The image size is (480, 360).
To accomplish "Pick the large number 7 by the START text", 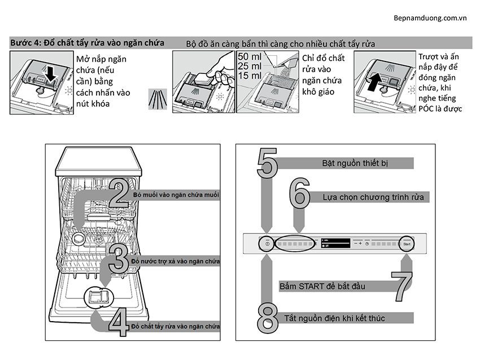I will click(x=405, y=285).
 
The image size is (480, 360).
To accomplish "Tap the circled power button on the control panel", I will click(x=266, y=243).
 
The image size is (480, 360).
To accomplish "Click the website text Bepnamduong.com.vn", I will click(x=430, y=17).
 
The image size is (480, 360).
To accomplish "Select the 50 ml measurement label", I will click(x=250, y=57).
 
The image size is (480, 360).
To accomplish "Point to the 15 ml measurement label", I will click(x=250, y=75).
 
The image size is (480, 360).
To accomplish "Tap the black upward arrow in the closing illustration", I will click(x=374, y=80).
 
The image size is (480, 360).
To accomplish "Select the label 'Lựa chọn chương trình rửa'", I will click(x=373, y=197).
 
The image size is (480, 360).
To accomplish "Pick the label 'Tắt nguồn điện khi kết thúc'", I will click(x=342, y=318).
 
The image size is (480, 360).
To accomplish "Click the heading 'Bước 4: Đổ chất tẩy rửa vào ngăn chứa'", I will click(x=88, y=43).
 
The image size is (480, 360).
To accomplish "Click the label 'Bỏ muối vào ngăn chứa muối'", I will click(x=176, y=194).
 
